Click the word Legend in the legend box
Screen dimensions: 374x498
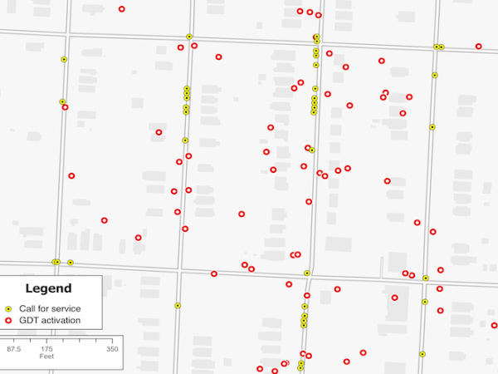pos(48,289)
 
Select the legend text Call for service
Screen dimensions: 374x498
pos(50,308)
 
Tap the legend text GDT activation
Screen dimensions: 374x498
pos(50,320)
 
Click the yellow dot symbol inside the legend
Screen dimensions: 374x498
pos(8,308)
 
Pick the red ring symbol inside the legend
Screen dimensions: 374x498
pos(8,320)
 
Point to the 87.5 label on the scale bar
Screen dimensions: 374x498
pos(14,349)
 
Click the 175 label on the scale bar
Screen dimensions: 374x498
pos(47,349)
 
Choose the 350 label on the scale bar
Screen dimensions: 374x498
pos(112,349)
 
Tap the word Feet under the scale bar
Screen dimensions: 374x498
pos(47,357)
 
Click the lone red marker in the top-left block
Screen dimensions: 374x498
pos(122,9)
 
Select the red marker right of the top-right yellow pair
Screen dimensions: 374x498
pos(479,47)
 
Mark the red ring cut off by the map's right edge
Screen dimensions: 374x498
pos(495,325)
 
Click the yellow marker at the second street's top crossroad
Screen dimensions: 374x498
pos(189,37)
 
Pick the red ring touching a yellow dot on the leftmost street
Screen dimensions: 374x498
pos(65,107)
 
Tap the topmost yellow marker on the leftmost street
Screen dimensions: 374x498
pos(64,59)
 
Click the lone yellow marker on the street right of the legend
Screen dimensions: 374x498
pos(178,306)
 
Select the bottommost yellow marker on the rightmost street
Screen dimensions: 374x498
pos(422,354)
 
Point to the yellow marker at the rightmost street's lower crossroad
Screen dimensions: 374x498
pos(426,278)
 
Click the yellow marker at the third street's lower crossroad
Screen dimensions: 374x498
pos(307,273)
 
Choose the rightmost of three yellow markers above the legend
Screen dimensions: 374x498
pos(71,263)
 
